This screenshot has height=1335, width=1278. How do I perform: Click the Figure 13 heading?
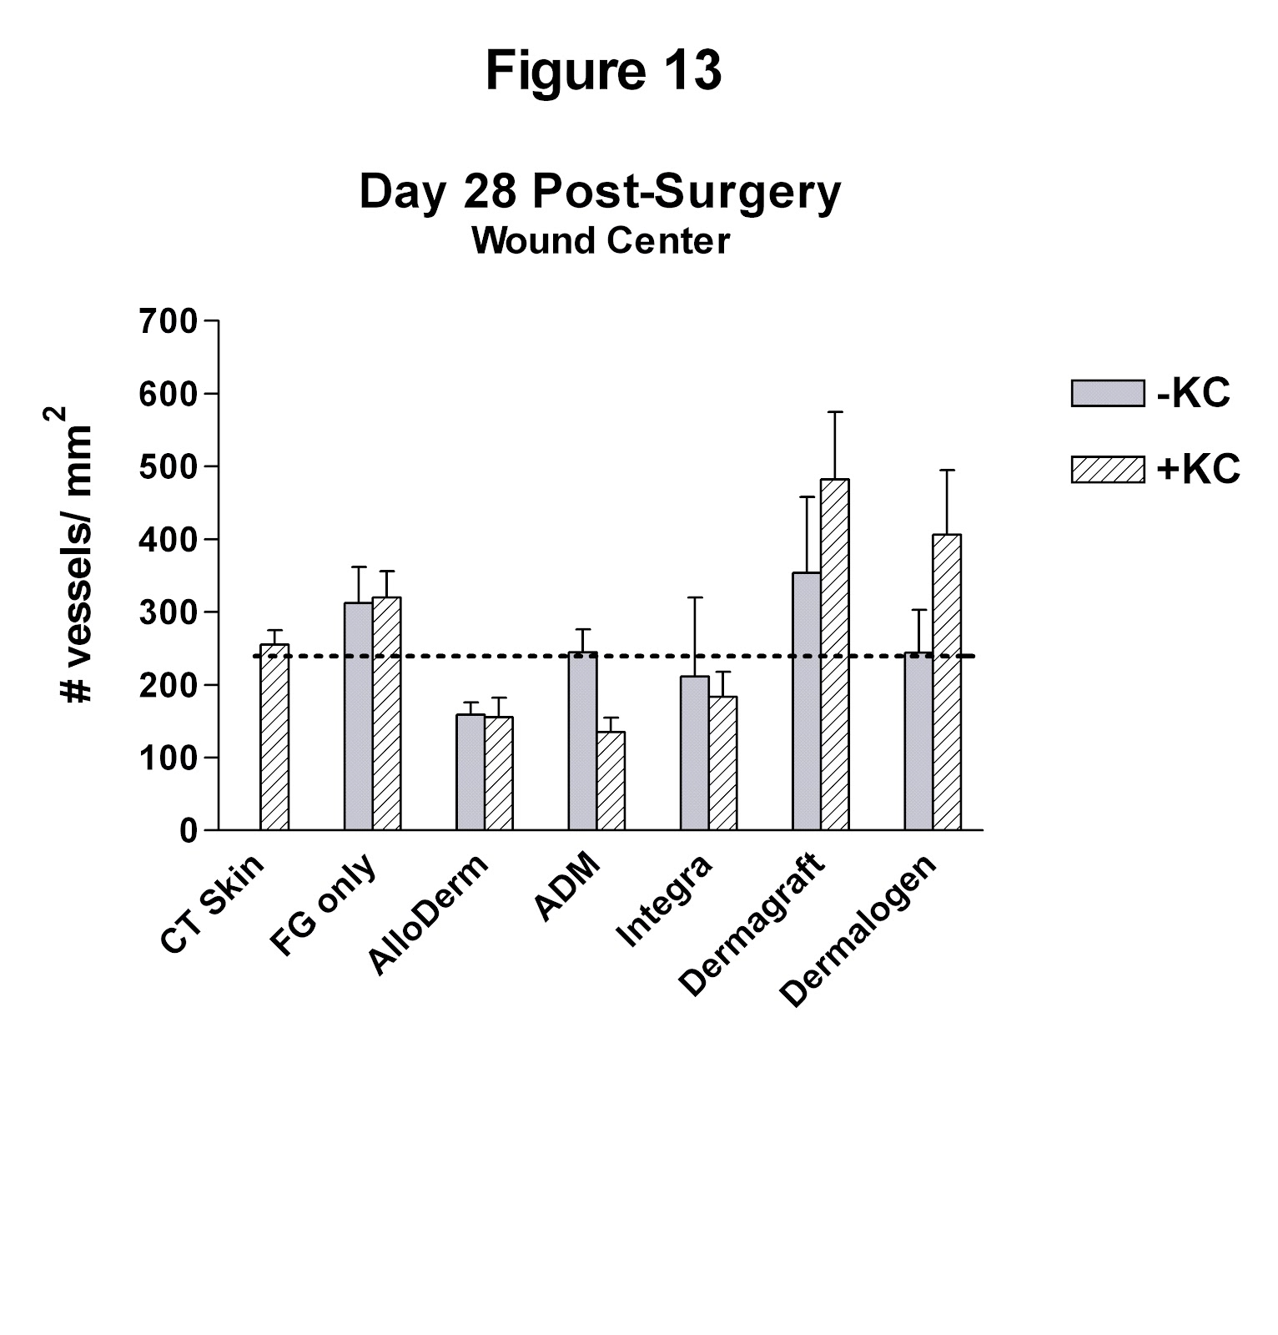click(602, 71)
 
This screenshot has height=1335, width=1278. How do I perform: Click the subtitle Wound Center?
click(600, 241)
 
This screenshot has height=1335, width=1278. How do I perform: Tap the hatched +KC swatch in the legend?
click(1107, 469)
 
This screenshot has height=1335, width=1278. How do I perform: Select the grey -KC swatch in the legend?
click(1107, 393)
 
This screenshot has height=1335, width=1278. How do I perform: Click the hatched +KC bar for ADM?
click(611, 781)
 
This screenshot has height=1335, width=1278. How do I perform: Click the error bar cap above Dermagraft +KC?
click(835, 411)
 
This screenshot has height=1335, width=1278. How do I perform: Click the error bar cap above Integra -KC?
click(694, 597)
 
